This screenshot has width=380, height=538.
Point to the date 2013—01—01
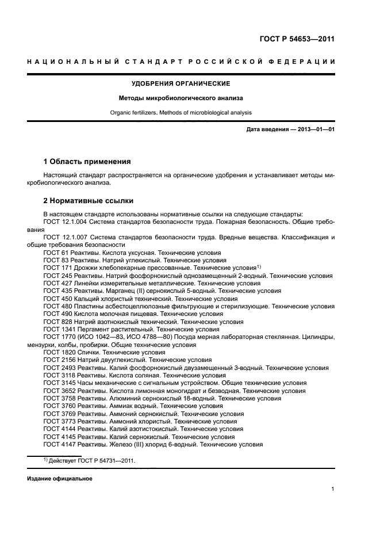pos(312,129)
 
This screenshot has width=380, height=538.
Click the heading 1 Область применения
pos(87,161)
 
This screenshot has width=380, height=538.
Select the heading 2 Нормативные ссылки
pos(89,201)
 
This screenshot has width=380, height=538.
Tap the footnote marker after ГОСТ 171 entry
pos(259,266)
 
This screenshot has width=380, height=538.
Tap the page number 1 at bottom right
pos(333,489)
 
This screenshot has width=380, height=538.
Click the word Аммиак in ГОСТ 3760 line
pos(120,406)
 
